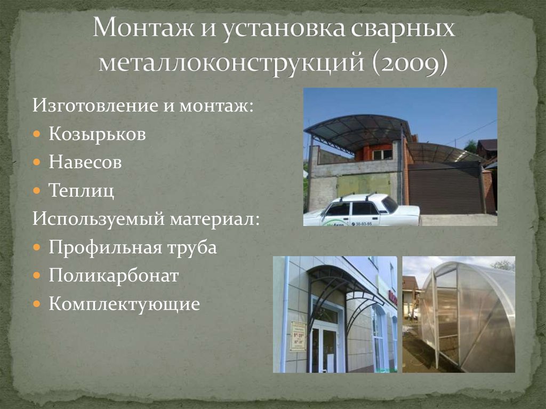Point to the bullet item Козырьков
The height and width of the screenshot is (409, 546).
(97, 134)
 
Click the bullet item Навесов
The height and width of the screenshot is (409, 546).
(85, 162)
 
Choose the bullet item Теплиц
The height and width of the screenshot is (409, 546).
(81, 190)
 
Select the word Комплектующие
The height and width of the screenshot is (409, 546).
(124, 304)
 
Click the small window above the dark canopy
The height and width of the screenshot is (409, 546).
(382, 154)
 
